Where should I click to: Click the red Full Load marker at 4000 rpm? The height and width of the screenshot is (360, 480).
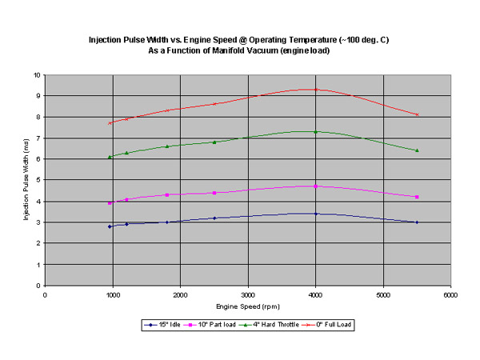tap(316, 90)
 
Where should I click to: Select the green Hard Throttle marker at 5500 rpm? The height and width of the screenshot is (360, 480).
tap(417, 150)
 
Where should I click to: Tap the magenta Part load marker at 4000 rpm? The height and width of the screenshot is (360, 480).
tap(316, 186)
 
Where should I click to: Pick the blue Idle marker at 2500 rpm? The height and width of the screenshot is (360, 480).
tap(214, 218)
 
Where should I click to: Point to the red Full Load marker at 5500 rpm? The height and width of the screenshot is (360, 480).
tap(417, 114)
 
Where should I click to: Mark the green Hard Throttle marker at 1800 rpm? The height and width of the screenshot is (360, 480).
tap(167, 146)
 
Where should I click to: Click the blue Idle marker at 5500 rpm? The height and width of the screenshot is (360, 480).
tap(417, 222)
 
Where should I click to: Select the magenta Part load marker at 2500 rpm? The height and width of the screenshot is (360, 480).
tap(214, 193)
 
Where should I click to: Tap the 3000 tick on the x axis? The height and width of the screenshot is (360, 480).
tap(248, 294)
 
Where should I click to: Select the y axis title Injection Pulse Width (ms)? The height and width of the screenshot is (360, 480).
tap(26, 180)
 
